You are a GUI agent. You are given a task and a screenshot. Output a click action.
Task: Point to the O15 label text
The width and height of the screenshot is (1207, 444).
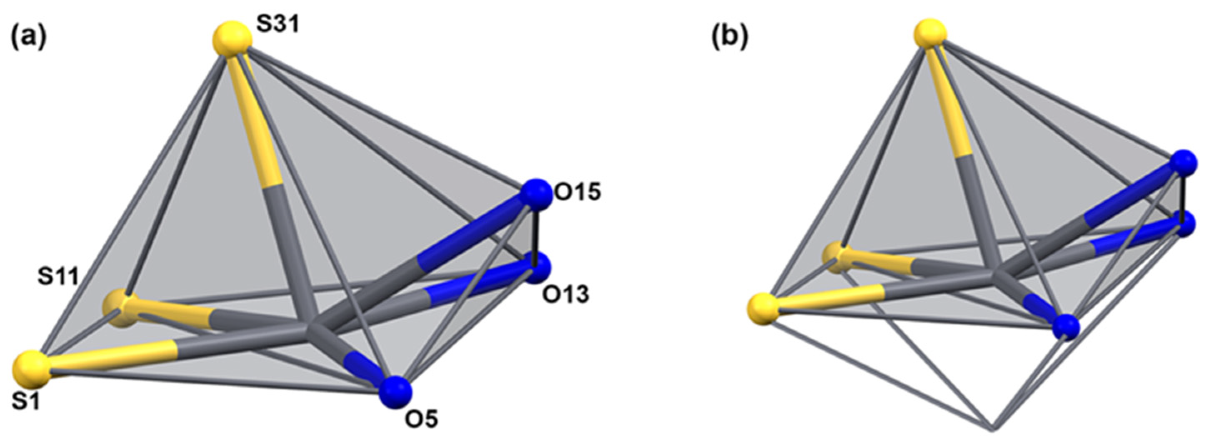coord(577,192)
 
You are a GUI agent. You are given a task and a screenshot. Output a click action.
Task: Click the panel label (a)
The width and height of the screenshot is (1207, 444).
coord(29,37)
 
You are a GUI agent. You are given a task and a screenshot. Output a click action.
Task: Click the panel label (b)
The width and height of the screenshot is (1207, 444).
coord(729,37)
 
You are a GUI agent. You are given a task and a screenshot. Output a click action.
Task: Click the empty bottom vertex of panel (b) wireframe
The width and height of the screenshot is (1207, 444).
coord(992,428)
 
